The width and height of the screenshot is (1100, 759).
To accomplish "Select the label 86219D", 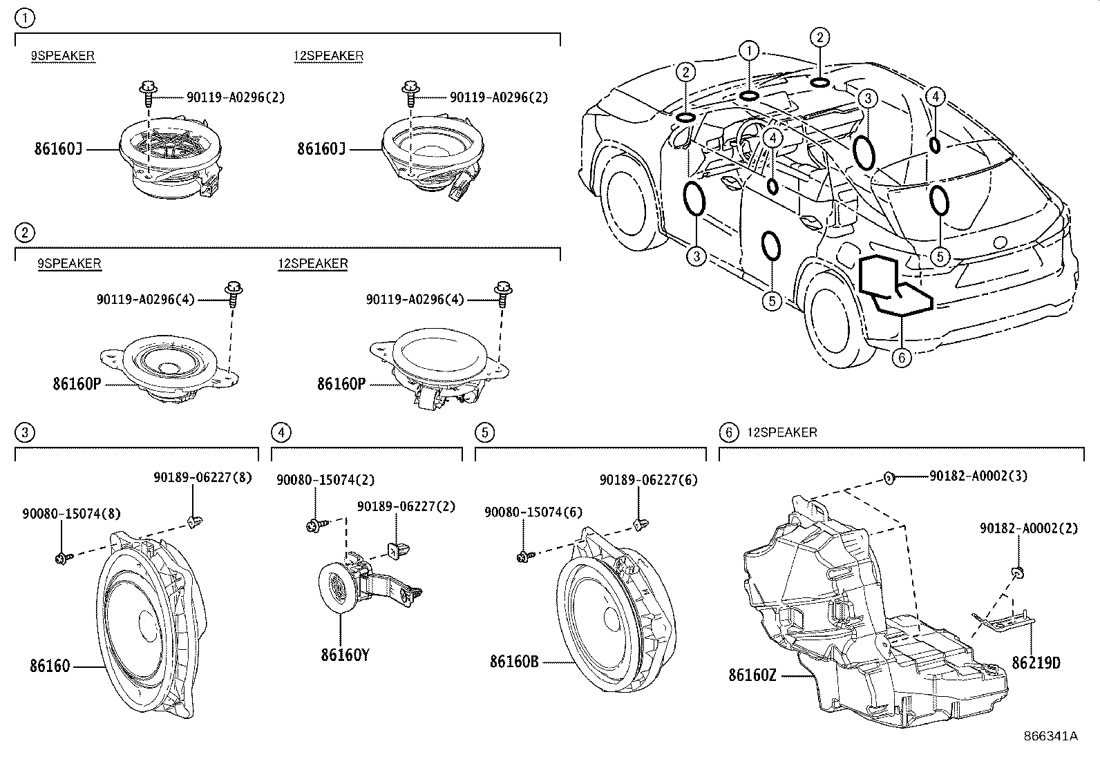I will click(1036, 663).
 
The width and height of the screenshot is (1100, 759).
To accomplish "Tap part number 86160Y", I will click(345, 654).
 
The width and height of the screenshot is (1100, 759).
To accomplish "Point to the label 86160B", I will click(514, 661).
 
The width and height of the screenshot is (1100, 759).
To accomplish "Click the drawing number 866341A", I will click(1050, 736).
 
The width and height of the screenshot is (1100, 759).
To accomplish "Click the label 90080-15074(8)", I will click(71, 514).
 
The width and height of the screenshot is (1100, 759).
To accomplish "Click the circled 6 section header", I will click(728, 433).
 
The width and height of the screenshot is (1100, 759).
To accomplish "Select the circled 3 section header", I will click(24, 433).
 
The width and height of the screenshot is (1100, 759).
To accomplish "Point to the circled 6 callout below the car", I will click(901, 357).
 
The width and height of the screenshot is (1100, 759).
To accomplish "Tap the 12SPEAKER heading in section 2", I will click(313, 264).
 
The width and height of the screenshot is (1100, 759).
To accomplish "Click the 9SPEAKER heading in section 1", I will click(62, 56).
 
